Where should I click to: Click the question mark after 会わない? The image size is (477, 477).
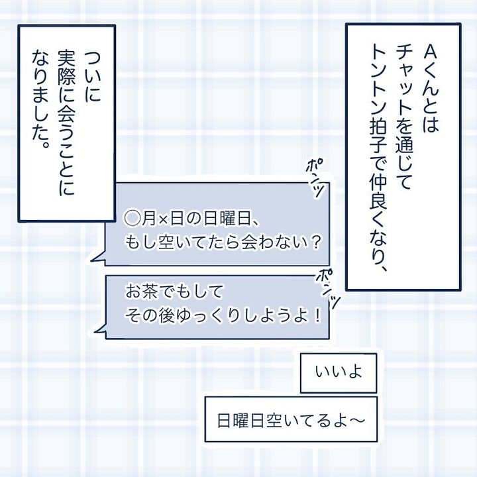[x=315, y=242]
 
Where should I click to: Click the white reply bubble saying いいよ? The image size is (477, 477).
[x=339, y=373]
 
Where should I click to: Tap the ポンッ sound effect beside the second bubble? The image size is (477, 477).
[x=331, y=285]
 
